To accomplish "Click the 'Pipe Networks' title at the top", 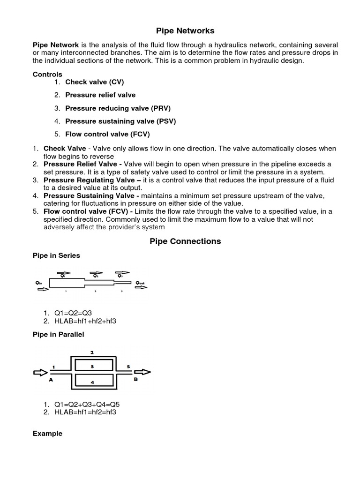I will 185,31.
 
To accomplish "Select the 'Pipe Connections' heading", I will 185,241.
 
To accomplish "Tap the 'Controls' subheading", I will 47,74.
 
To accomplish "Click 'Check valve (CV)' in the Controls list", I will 94,82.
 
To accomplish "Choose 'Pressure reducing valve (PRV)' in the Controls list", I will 118,108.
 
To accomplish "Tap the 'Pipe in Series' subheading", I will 56,255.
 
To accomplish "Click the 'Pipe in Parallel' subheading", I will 59,334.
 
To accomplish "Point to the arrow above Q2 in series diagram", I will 96,272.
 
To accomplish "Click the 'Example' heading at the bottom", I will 47,434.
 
